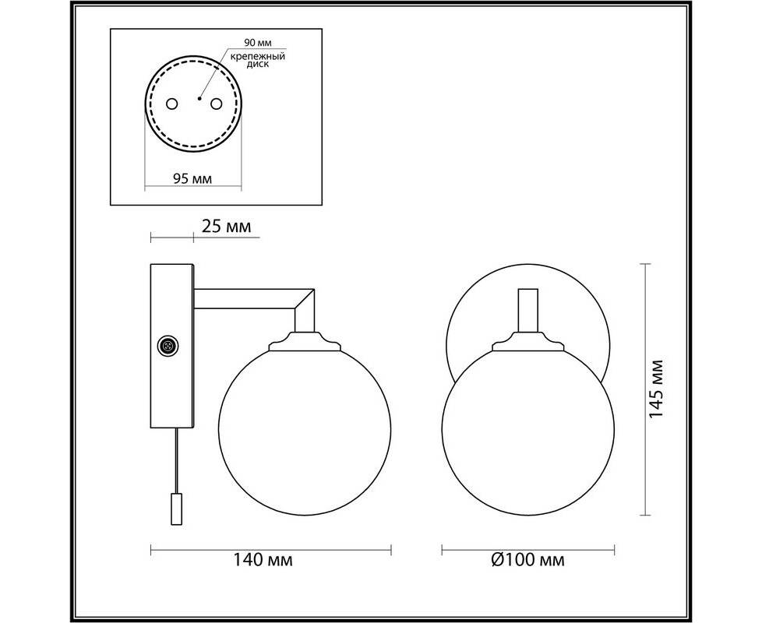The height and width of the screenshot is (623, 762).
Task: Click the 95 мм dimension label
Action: point(192,178)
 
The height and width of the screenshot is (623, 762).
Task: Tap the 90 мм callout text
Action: point(258,43)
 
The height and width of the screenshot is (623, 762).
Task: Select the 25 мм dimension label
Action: point(226,227)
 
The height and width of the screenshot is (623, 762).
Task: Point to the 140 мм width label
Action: point(263,560)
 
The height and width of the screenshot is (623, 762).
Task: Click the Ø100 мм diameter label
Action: point(527,560)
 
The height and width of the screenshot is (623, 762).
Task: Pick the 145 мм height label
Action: point(656,389)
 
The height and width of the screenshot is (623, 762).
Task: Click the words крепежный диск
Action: point(258,60)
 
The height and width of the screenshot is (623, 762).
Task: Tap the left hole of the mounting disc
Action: point(172,104)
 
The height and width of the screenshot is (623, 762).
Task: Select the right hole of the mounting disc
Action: point(216,104)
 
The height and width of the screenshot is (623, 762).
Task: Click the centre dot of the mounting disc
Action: point(199,99)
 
